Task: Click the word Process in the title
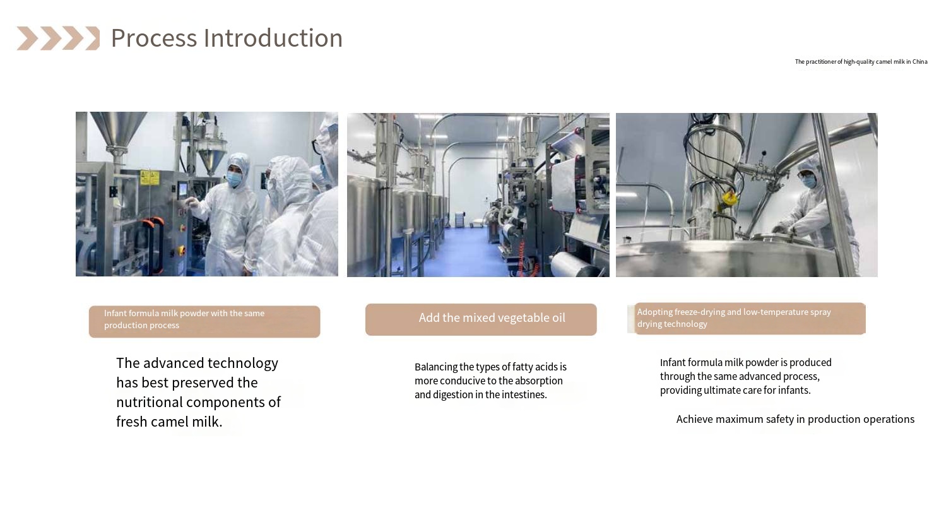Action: [x=154, y=38]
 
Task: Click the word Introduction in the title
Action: [x=273, y=38]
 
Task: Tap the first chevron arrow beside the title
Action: [x=27, y=38]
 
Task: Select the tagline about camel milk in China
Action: [x=861, y=62]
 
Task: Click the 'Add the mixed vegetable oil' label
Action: [x=492, y=318]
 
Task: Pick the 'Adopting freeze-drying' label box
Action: [x=750, y=319]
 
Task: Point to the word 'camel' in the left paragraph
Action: [x=169, y=422]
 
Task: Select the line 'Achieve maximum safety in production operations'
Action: [x=795, y=419]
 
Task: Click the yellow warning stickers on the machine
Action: [x=150, y=177]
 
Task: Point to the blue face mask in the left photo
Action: [x=234, y=179]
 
